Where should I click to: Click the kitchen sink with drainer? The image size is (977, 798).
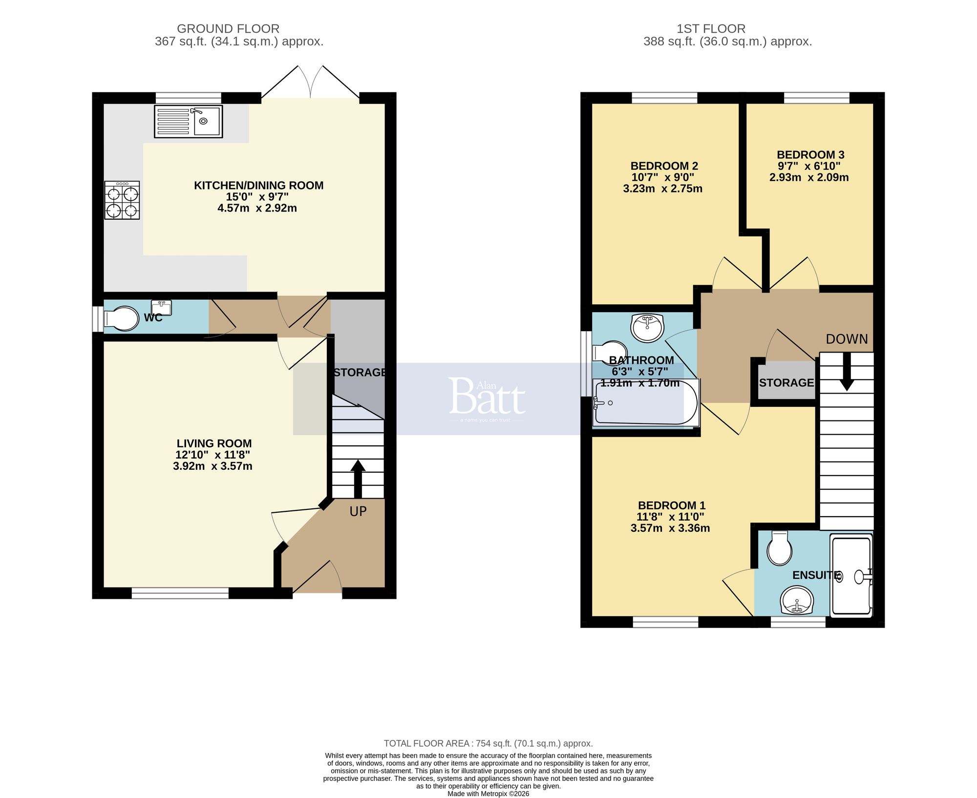[x=188, y=121]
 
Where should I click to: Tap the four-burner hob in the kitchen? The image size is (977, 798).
[x=122, y=200]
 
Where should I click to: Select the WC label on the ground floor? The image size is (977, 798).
[x=153, y=318]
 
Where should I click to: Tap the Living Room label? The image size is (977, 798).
[x=214, y=443]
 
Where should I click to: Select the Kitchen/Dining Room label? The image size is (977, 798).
[x=258, y=186]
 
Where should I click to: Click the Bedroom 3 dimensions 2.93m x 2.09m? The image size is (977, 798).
[x=809, y=178]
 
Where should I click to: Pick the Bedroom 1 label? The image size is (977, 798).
[x=671, y=505]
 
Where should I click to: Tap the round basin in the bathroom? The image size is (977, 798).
[x=647, y=327]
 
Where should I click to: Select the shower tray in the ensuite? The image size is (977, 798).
[x=851, y=575]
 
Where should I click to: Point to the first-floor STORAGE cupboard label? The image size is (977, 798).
[x=786, y=383]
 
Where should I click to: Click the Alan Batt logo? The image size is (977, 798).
[x=487, y=398]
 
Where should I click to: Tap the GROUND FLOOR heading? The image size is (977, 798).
[x=228, y=29]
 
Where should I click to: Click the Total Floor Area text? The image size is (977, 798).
[x=488, y=743]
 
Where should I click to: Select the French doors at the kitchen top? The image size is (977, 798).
[x=311, y=83]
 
